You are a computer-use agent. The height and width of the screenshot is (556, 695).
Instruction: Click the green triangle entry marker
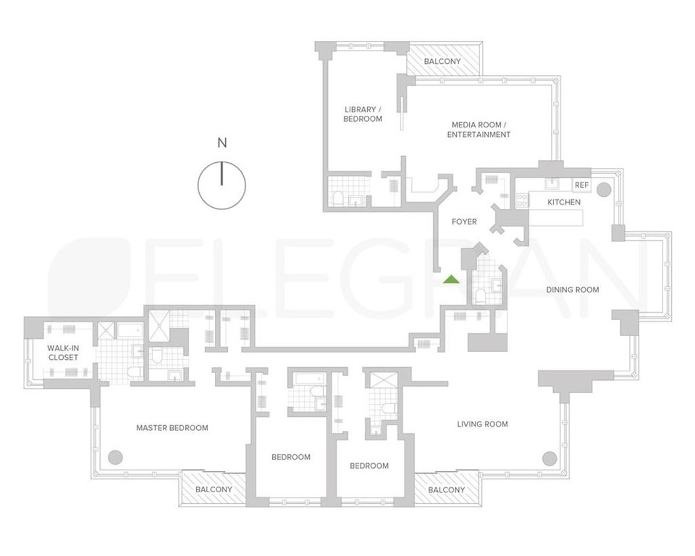tap(451, 280)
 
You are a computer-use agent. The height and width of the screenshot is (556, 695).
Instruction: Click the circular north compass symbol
tap(222, 185)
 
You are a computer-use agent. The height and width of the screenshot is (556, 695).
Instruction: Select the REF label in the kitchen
tap(581, 185)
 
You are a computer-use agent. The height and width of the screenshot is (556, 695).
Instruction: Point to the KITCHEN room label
tap(564, 202)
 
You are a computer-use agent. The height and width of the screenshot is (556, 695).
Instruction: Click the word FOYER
tap(464, 222)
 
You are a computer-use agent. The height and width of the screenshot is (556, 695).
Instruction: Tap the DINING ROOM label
tap(572, 290)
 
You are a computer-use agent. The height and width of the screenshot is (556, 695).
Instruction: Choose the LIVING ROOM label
tap(482, 424)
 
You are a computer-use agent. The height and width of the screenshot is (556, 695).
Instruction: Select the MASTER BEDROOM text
tap(172, 428)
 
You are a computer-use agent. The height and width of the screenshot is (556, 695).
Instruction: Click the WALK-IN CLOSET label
tap(63, 353)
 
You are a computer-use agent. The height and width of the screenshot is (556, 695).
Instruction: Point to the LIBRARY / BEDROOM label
tap(363, 114)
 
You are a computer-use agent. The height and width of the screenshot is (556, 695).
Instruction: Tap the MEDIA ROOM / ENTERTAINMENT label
tap(481, 130)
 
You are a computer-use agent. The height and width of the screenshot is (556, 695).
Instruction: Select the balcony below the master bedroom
tap(214, 489)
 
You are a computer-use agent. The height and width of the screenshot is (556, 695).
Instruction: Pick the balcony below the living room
tap(446, 490)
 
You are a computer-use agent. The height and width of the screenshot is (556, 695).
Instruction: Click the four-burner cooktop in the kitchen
tap(522, 200)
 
